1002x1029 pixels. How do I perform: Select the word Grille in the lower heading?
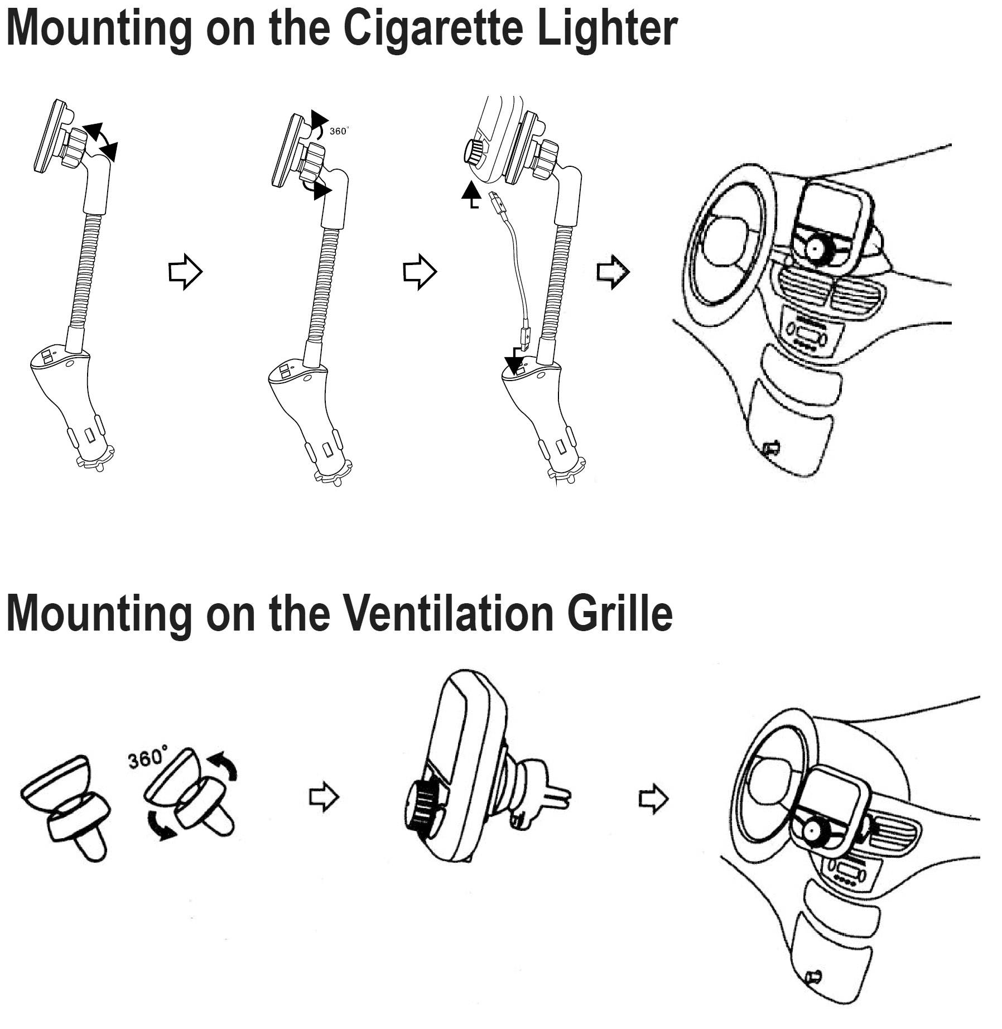(620, 613)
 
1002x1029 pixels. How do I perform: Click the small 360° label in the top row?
(338, 131)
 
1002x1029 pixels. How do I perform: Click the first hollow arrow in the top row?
(185, 272)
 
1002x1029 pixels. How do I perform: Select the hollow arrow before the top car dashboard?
(613, 272)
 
